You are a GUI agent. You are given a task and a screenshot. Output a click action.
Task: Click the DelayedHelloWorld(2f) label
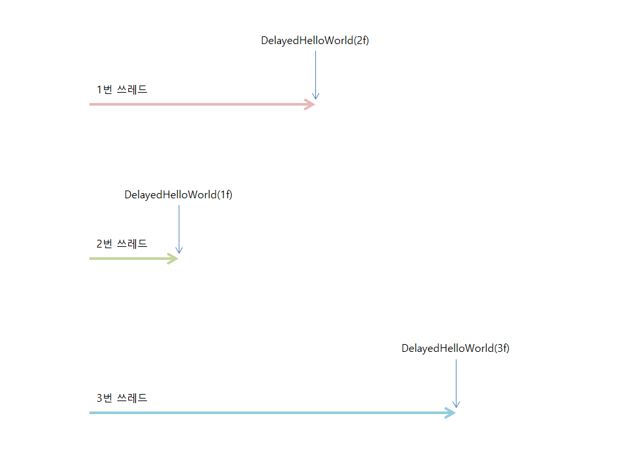coord(315,40)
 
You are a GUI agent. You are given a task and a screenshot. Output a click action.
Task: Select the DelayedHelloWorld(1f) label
coord(178,194)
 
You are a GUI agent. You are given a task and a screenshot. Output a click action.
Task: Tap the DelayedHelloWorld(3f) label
coord(455,348)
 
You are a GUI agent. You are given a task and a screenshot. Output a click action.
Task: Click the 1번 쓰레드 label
coord(122,89)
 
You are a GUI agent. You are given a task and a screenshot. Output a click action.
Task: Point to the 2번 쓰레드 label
coord(122,244)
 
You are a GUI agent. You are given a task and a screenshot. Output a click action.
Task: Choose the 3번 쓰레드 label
coord(122,398)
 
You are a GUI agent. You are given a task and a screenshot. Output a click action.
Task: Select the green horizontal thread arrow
coord(129,259)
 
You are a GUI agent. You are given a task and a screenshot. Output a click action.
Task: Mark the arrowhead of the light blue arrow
coord(451,413)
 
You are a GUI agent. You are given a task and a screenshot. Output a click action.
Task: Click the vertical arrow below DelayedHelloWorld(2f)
coord(315,75)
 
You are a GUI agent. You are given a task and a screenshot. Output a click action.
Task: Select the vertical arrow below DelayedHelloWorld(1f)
coord(179,229)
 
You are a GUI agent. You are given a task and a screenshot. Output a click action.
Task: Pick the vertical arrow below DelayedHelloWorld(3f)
coord(456,383)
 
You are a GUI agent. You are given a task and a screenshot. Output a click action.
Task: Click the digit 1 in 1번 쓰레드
coord(100,89)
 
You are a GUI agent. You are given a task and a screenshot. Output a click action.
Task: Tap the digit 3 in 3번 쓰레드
coord(100,398)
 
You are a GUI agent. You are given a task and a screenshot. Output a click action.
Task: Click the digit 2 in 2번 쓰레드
coord(100,244)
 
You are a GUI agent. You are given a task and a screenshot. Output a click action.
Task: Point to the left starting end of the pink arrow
coord(91,104)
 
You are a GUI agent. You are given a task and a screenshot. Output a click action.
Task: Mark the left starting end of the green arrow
coord(91,259)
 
